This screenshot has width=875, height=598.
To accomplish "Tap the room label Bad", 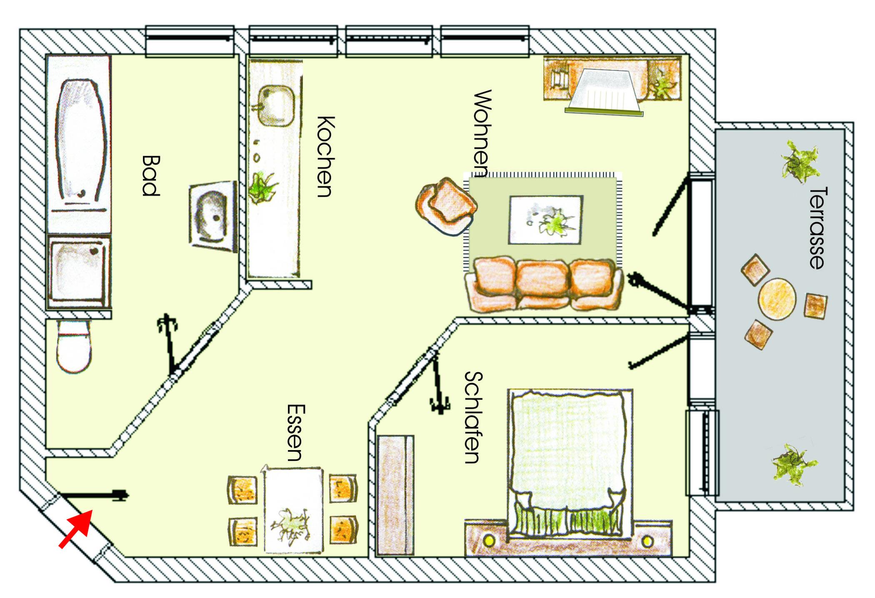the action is (x=151, y=175).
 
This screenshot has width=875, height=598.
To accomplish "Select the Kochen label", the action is (x=325, y=156).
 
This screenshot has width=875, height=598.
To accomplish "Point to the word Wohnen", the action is (x=482, y=133).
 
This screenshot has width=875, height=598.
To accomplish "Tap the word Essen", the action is (x=296, y=432).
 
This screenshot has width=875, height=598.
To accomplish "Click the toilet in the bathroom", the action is (x=74, y=346).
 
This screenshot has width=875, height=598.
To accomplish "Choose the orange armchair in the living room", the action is (x=446, y=206).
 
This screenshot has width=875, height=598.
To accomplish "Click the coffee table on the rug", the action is (x=545, y=219).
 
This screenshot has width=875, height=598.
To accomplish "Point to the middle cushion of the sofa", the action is (x=543, y=283).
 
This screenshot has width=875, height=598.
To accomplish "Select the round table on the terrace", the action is (x=777, y=299).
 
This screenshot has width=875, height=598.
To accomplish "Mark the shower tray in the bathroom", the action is (x=79, y=271).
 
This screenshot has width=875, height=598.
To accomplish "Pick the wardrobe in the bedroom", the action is (x=395, y=495).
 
